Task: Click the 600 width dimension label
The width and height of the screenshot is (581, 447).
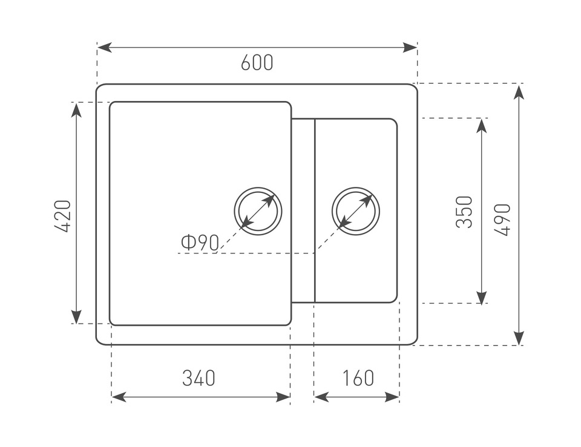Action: click(257, 63)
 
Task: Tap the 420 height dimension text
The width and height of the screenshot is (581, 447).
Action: click(63, 216)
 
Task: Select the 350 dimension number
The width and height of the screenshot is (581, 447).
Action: click(464, 211)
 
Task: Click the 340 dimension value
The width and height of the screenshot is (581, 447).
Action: click(199, 378)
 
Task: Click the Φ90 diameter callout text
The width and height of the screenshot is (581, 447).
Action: click(199, 243)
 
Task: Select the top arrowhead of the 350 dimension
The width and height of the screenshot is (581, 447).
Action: click(482, 125)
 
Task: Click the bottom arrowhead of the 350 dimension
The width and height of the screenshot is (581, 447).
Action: click(482, 297)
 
